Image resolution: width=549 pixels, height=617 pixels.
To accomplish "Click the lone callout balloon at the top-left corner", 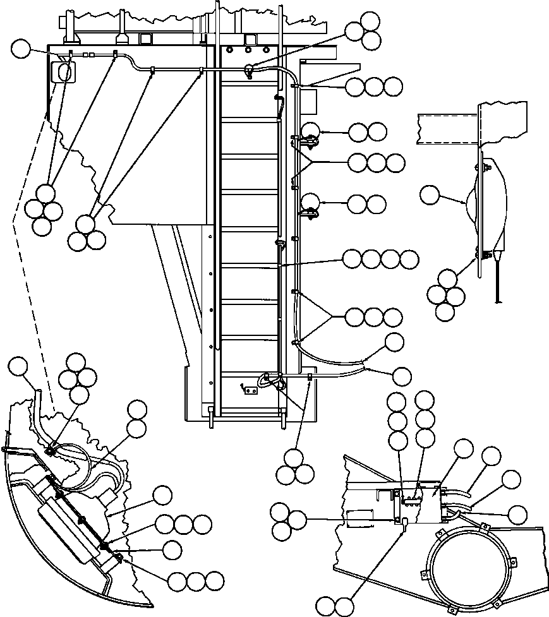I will coord(23,48).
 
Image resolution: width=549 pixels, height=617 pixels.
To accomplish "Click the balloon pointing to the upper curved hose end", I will coord(395,342).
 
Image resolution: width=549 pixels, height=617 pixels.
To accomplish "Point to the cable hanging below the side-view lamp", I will coord(500,278).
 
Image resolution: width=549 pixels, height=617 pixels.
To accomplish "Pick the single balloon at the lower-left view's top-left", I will coord(18,366).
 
